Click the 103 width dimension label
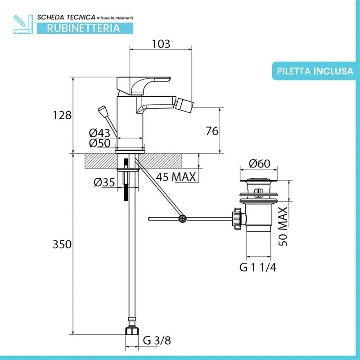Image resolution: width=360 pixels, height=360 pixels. coord(161,44)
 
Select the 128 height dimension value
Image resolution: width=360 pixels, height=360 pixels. coord(62,115)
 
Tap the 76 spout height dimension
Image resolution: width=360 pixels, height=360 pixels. coord(211,131)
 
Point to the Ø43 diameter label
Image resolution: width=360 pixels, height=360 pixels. coord(99,133)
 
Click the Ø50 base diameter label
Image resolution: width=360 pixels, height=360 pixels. coord(99,143)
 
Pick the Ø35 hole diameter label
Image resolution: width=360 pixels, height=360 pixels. coord(104,182)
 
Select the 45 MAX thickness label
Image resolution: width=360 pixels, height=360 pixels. coord(176,177)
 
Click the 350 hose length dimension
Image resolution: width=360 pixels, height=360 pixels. coord(62,244)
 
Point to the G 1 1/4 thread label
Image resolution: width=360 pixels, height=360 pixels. coord(258,268)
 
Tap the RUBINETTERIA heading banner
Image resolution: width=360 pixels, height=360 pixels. coord(84,28)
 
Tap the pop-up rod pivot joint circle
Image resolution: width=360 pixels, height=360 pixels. coord(182,219)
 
